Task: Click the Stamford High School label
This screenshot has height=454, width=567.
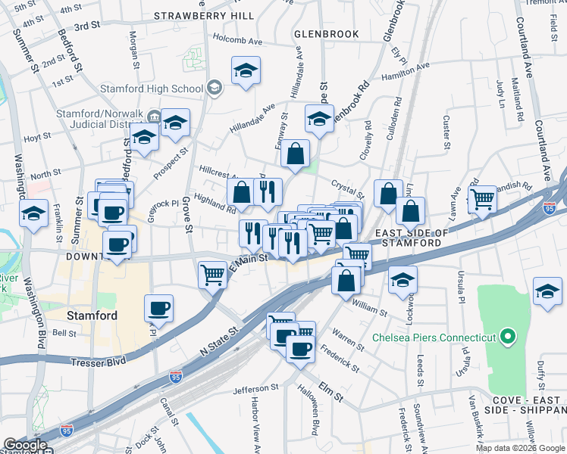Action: [152, 89]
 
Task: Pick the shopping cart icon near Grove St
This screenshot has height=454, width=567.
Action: [212, 275]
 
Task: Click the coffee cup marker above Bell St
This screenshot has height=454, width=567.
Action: [159, 308]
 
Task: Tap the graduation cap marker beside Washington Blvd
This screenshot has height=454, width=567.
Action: [34, 213]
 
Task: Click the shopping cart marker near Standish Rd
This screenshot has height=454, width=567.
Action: [482, 200]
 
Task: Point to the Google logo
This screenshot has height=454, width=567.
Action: [25, 446]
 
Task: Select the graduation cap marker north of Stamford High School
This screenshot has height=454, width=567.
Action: [246, 71]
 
